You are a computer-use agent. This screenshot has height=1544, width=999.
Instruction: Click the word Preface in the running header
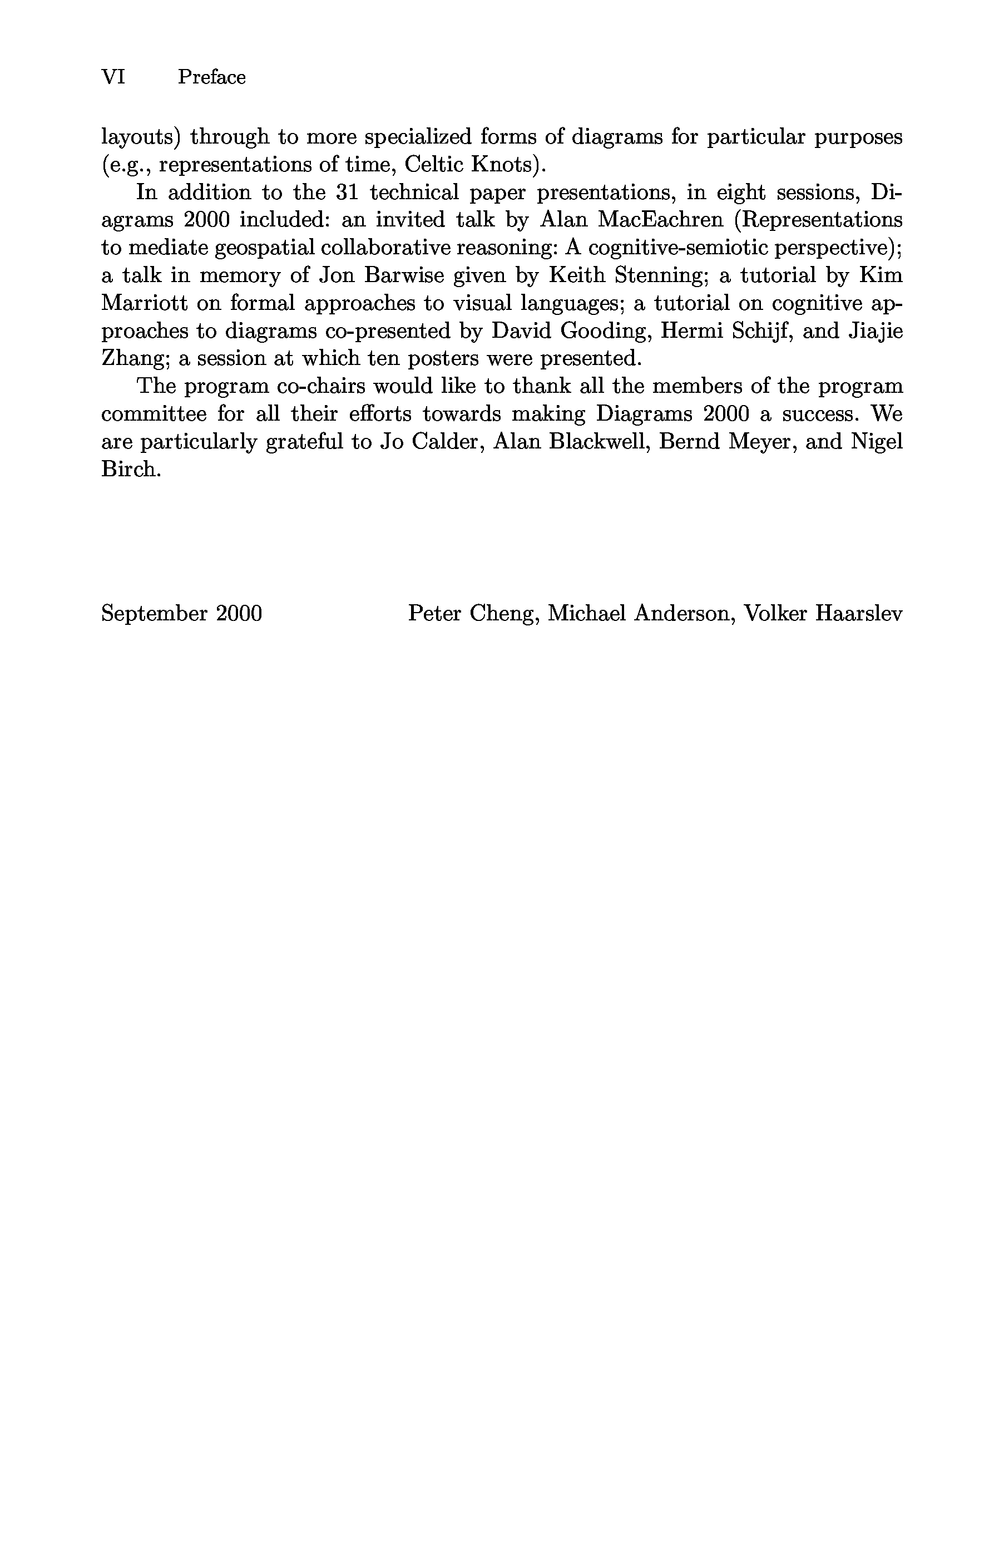point(211,77)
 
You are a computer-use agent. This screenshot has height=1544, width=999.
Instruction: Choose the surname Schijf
point(760,331)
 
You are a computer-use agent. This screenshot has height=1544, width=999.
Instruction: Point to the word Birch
point(130,469)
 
